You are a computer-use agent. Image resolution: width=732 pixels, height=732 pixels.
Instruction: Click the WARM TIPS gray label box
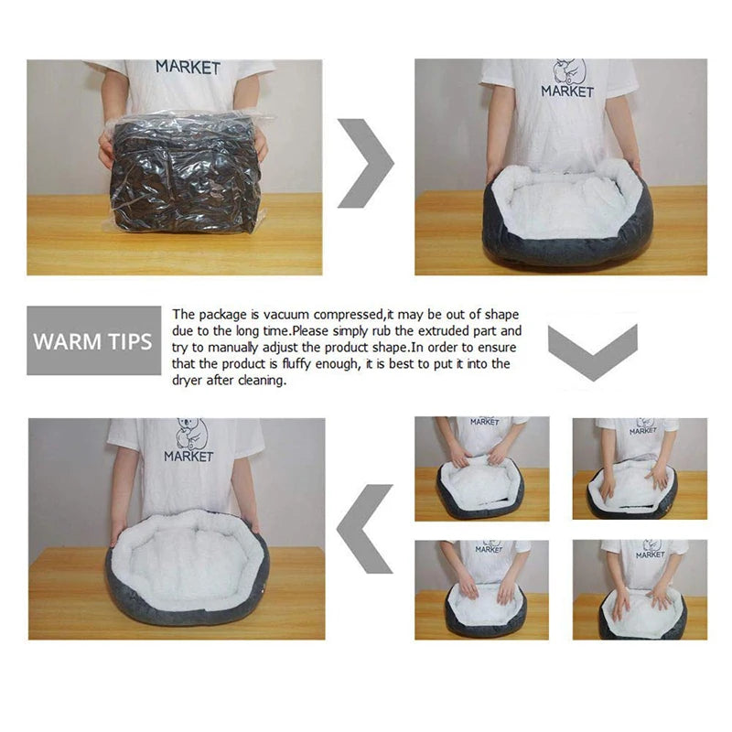(x=93, y=341)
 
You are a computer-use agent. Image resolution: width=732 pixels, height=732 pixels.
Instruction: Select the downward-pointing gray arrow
(x=592, y=353)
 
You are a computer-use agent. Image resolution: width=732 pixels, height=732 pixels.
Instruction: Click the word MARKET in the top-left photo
(x=188, y=68)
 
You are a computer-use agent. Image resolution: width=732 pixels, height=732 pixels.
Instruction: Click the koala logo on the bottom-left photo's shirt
(x=190, y=433)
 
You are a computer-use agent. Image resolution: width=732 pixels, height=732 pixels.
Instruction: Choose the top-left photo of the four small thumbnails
(x=482, y=468)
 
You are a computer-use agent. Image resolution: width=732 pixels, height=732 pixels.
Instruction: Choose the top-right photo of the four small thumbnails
(x=640, y=468)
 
